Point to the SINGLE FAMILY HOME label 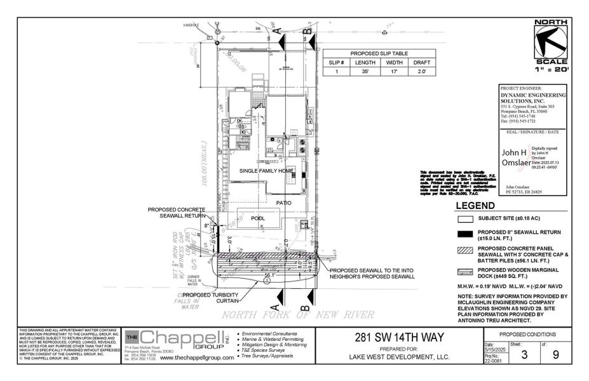pyautogui.click(x=266, y=171)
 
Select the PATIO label pyautogui.click(x=283, y=203)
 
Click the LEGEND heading pyautogui.click(x=475, y=206)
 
